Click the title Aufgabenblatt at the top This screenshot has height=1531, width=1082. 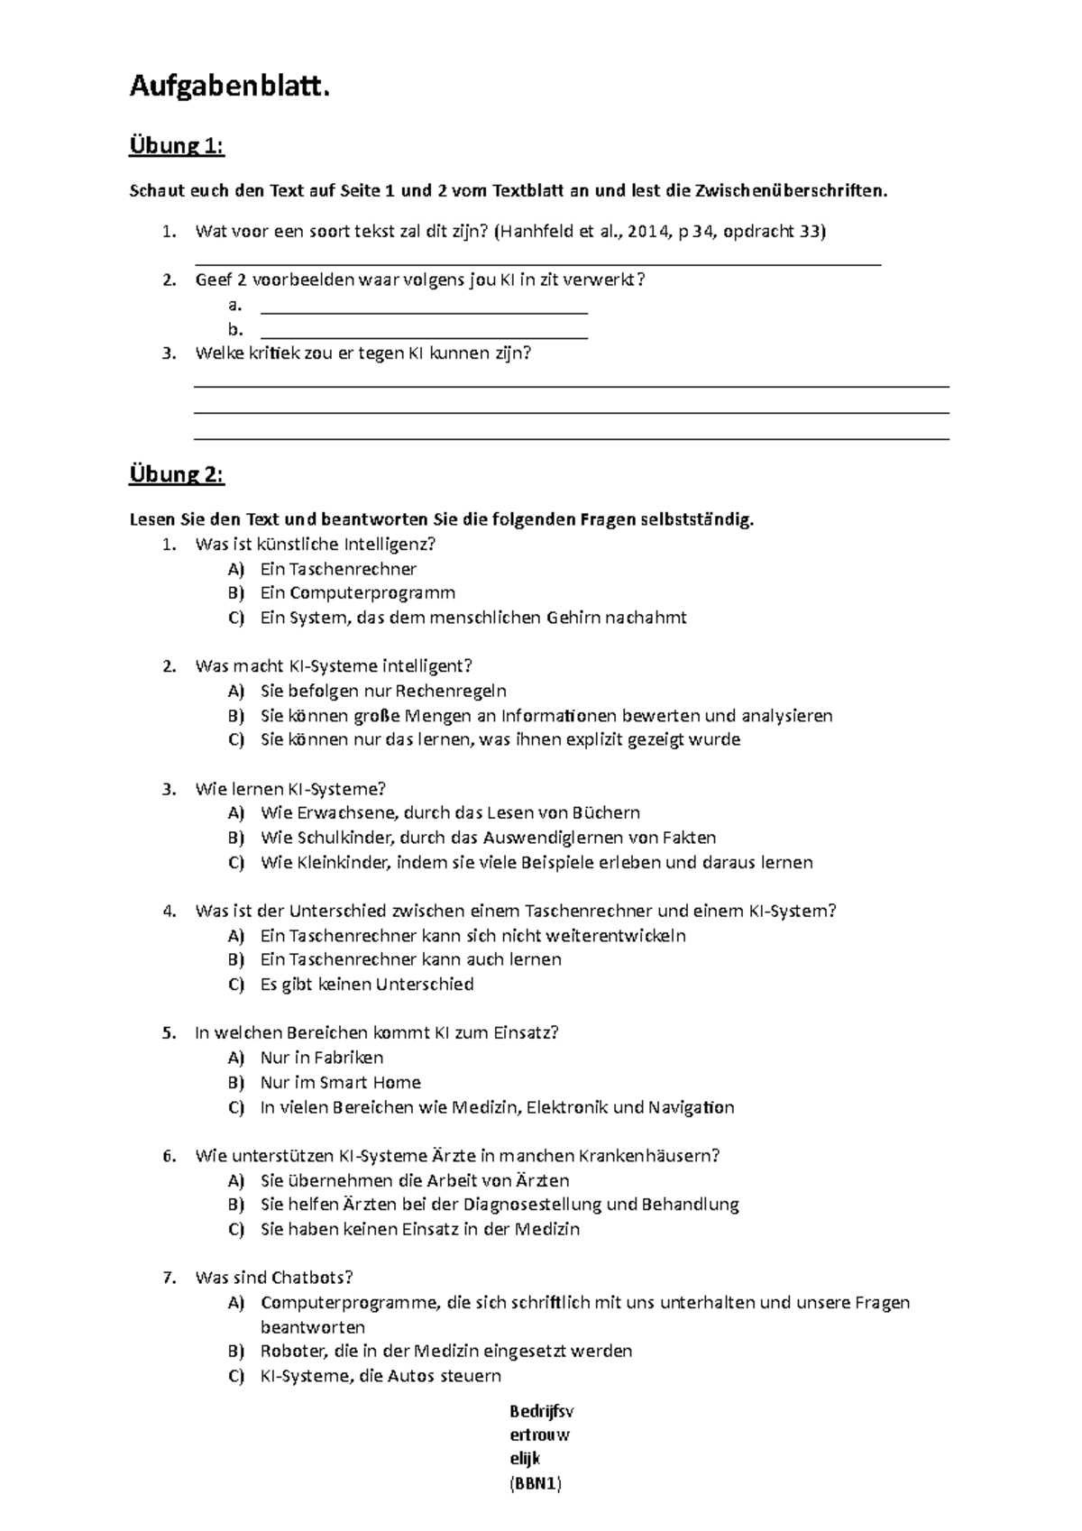(x=224, y=87)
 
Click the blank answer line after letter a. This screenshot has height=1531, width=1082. (x=424, y=310)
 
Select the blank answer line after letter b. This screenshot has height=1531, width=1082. (x=424, y=335)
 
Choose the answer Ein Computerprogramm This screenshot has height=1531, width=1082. (x=358, y=592)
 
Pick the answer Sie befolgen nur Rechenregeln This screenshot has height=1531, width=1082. (x=383, y=691)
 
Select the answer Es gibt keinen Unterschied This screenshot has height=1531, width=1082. (x=367, y=984)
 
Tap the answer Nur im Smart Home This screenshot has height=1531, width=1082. (x=341, y=1082)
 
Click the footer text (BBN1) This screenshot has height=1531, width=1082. (x=536, y=1484)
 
